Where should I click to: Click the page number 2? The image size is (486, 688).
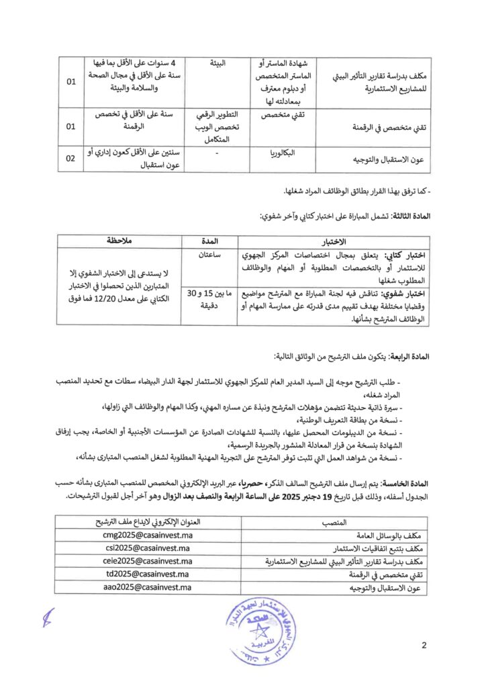click(x=424, y=646)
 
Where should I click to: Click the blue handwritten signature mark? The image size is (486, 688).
click(x=47, y=617)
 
